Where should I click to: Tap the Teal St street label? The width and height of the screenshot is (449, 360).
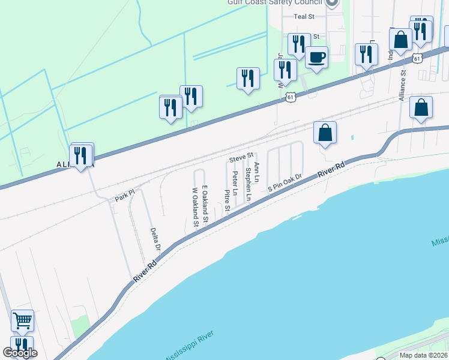click(x=304, y=17)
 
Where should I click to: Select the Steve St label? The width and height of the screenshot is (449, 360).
click(x=241, y=158)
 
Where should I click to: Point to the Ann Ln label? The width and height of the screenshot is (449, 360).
click(x=257, y=172)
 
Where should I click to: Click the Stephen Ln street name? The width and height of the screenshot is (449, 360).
click(x=248, y=184)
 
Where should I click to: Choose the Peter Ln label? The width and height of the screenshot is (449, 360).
click(x=235, y=184)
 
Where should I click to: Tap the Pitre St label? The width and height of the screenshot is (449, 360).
click(x=228, y=202)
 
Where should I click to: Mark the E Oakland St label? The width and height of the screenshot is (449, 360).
click(x=205, y=204)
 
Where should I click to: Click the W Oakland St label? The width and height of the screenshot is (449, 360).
click(x=195, y=208)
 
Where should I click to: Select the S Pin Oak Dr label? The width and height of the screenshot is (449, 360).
click(x=284, y=183)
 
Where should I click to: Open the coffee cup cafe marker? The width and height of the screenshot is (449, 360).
click(x=316, y=58)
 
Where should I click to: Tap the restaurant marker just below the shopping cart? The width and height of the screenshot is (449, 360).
click(x=22, y=345)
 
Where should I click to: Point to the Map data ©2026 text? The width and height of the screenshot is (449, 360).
click(x=423, y=355)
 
